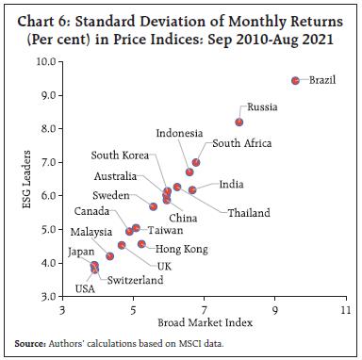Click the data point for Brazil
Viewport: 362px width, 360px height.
coord(295,81)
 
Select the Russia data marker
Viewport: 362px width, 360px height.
coord(239,122)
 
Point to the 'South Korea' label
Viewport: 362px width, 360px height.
coord(118,155)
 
